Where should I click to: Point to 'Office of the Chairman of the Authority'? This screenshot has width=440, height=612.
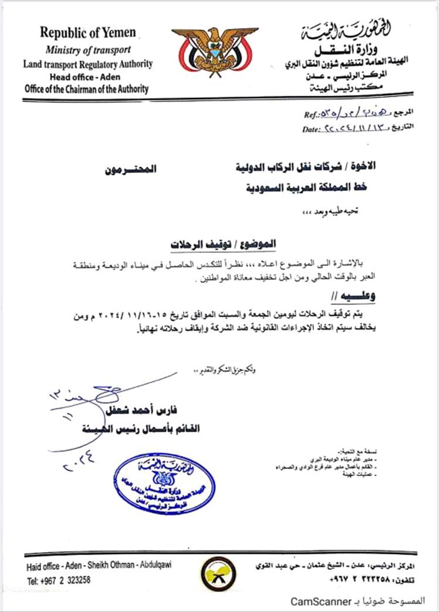pos(87,89)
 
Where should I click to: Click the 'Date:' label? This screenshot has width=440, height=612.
pos(309,129)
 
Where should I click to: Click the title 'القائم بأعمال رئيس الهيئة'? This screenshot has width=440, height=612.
pos(151,429)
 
